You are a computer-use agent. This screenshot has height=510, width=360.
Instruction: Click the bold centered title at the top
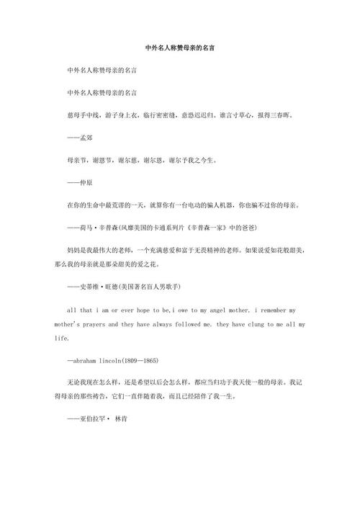tap(180, 48)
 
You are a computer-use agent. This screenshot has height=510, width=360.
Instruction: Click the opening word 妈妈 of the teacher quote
tap(72, 249)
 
